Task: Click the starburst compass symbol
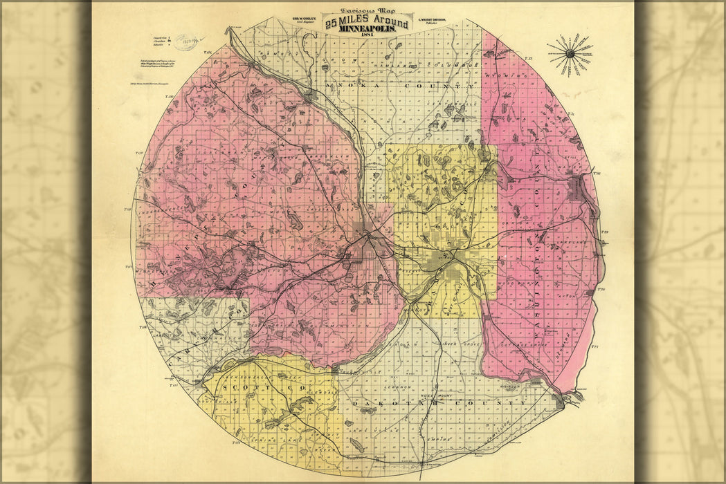pos(571,54)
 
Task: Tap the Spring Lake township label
pos(254,440)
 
